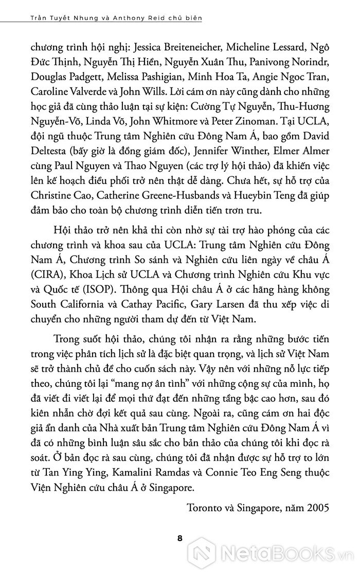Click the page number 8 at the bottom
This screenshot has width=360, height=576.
[x=179, y=539]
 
